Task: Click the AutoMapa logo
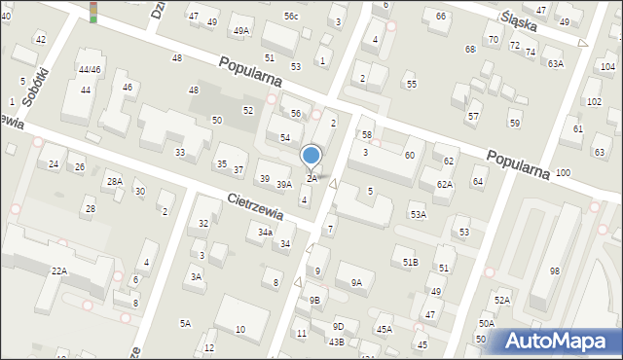559,341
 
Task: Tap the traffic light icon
93,12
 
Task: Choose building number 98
555,270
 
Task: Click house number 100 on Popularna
563,172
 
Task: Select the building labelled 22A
59,270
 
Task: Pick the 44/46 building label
90,69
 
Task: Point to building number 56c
291,17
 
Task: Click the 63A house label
555,63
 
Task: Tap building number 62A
444,184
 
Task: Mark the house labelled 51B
411,262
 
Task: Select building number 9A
356,283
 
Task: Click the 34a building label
265,233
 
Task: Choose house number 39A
284,184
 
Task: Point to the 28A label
115,181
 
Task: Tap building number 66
441,17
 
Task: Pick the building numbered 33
180,153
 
